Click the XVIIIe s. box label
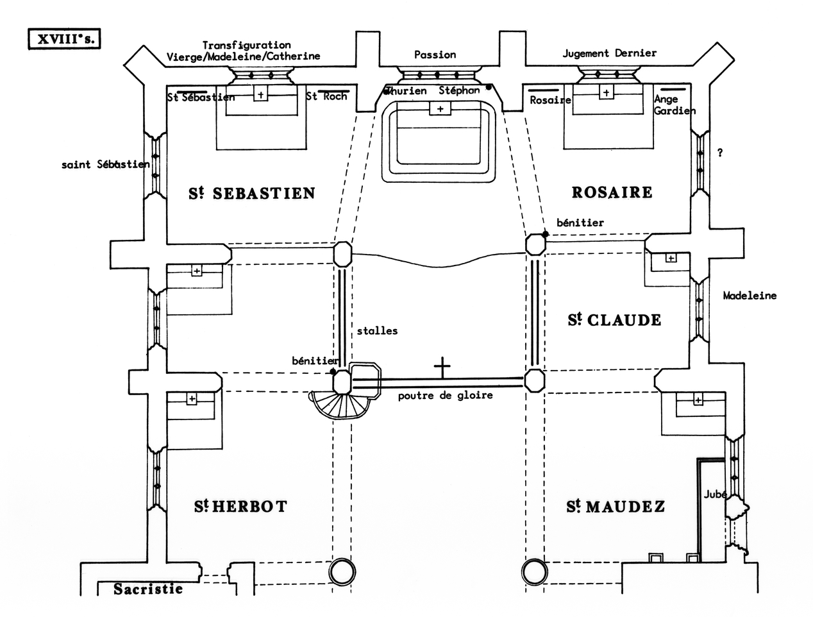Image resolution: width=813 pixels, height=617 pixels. [65, 38]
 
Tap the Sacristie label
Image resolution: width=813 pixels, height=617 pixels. [148, 589]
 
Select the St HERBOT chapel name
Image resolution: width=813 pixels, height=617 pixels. [240, 506]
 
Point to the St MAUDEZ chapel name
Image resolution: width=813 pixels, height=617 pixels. [616, 507]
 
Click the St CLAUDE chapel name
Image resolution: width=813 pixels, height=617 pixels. [614, 319]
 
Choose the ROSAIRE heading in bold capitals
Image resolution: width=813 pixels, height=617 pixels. [612, 192]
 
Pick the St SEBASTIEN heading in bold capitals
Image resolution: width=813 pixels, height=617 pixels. [252, 193]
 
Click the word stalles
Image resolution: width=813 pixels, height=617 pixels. [377, 331]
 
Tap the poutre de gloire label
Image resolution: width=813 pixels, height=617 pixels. [445, 396]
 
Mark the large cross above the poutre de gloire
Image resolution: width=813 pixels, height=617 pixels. [442, 368]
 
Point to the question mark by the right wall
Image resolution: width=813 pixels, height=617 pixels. [720, 153]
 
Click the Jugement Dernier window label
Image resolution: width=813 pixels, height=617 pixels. [609, 53]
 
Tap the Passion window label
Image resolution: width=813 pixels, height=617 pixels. [435, 55]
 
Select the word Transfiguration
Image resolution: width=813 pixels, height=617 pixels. [246, 45]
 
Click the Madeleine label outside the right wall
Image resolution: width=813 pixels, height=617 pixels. [750, 296]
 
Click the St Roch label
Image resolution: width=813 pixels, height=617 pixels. [326, 96]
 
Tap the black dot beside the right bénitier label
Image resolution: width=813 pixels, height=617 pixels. [545, 235]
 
